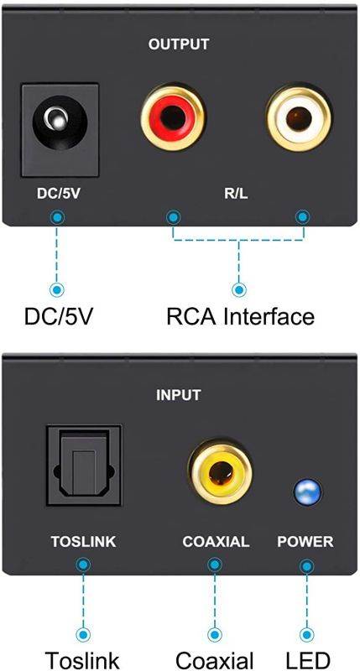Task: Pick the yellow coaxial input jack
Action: [216, 473]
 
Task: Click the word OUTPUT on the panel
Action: [179, 44]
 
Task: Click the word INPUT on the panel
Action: [180, 394]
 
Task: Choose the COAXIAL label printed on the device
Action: [216, 542]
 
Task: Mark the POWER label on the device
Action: [305, 542]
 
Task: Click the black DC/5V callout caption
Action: [58, 317]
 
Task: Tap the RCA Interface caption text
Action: [240, 317]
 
